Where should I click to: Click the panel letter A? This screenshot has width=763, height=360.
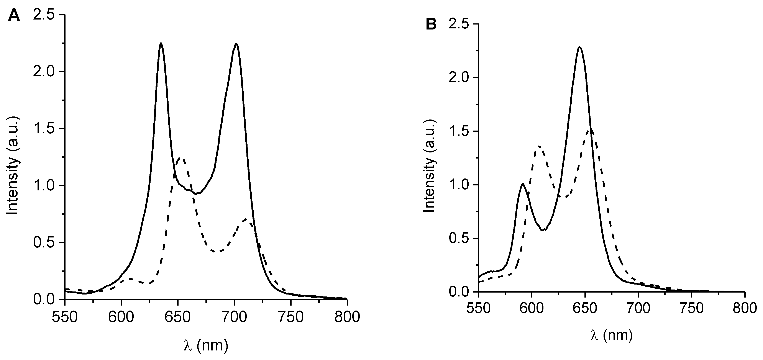[14, 15]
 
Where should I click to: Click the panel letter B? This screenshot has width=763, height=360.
[431, 25]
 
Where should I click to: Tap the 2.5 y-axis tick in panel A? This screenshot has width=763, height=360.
[46, 15]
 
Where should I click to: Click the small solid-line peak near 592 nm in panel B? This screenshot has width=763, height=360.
[523, 184]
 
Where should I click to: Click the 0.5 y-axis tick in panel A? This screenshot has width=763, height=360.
[46, 243]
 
